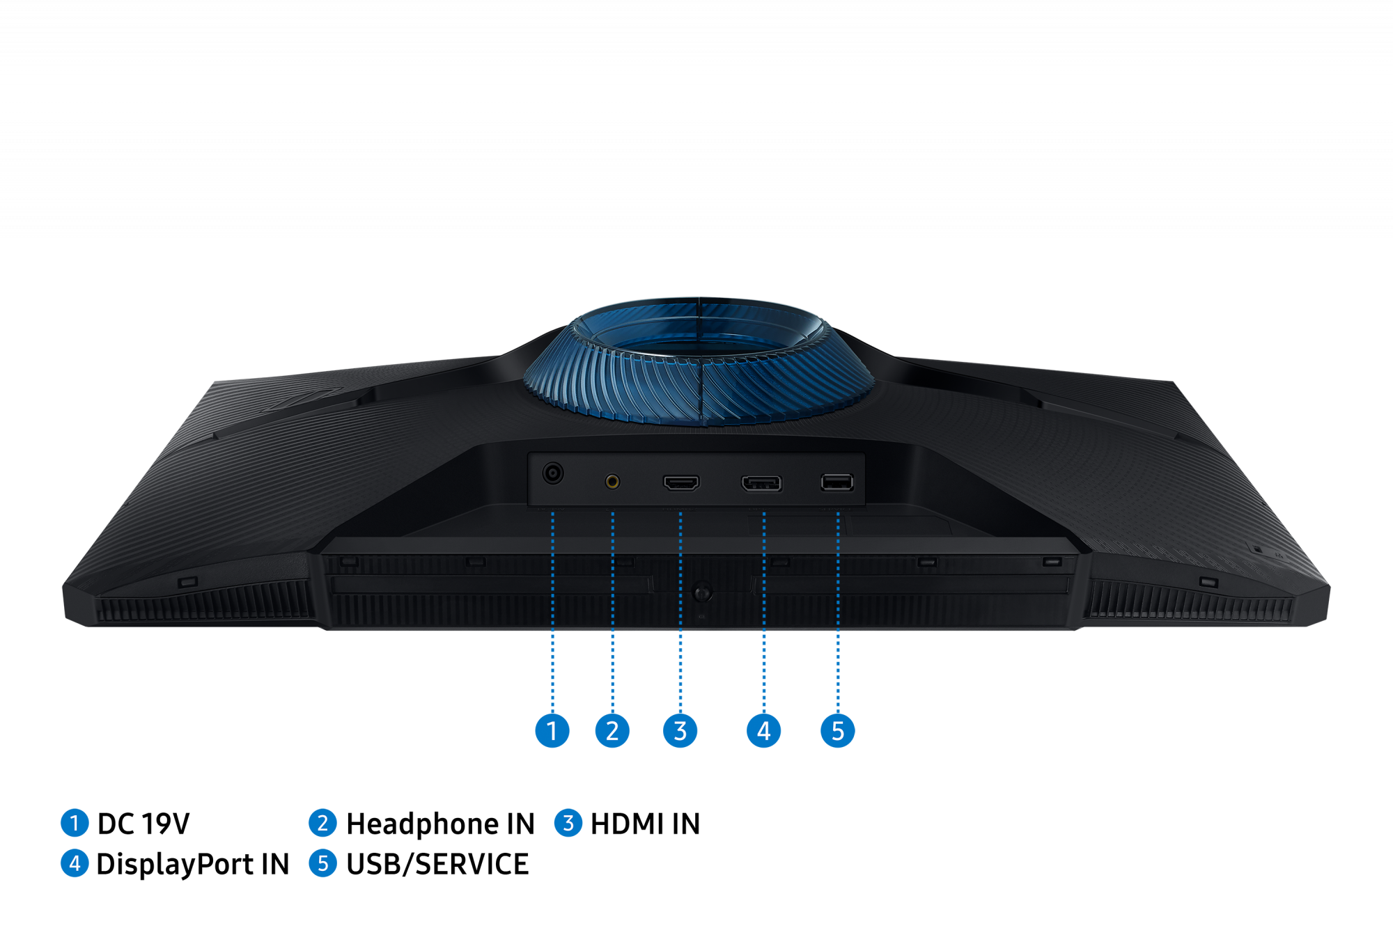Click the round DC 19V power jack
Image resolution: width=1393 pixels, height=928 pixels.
(553, 473)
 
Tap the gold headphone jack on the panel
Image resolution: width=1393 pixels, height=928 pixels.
(612, 481)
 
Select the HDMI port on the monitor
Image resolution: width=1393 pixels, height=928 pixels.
(681, 482)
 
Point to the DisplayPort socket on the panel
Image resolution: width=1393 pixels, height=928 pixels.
(761, 483)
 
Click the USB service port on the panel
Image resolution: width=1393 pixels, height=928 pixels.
(836, 482)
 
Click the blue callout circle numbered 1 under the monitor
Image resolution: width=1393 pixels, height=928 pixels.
(552, 731)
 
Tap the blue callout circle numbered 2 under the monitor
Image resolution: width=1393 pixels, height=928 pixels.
(612, 731)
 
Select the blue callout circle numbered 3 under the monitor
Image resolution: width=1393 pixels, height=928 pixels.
(680, 731)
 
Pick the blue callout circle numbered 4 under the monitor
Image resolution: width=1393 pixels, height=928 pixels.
(763, 731)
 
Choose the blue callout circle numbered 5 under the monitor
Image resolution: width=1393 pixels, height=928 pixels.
(838, 731)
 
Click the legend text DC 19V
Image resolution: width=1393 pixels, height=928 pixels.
(143, 824)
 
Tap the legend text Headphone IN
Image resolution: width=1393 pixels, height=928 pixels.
(440, 824)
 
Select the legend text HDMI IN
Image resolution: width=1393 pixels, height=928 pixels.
(645, 824)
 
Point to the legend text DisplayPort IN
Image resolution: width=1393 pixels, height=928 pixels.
(193, 864)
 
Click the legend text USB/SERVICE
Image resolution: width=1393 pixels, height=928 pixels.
(437, 864)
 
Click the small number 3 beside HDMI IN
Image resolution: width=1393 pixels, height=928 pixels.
(568, 823)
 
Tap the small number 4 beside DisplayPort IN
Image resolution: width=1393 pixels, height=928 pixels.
(75, 863)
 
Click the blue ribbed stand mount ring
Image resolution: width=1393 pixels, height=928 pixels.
(699, 362)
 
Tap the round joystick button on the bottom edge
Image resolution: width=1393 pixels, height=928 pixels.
(702, 592)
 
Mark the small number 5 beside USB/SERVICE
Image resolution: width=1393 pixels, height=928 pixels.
(322, 863)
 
